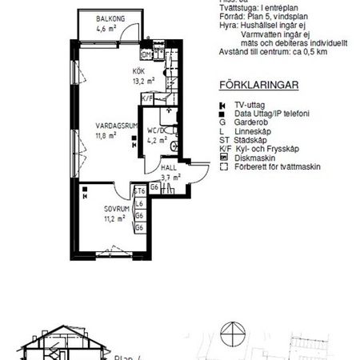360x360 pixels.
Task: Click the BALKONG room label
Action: [102, 19]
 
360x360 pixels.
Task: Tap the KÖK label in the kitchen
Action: [139, 71]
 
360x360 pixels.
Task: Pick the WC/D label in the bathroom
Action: [156, 130]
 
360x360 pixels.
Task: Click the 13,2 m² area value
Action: [143, 80]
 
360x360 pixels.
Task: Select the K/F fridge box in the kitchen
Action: [147, 98]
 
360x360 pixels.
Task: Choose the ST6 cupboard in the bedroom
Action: [139, 192]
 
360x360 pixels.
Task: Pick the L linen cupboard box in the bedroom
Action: [139, 204]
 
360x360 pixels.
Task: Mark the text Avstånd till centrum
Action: [249, 52]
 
